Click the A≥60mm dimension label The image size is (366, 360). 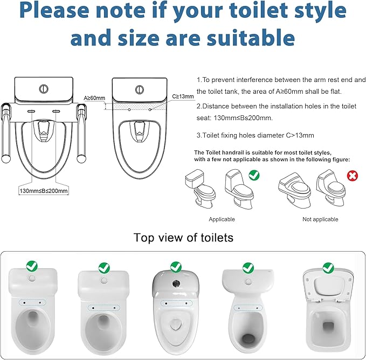[94, 98]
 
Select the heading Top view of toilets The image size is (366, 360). [183, 238]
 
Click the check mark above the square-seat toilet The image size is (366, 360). [328, 267]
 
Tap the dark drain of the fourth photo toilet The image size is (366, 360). [248, 339]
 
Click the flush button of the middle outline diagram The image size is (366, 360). [139, 87]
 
